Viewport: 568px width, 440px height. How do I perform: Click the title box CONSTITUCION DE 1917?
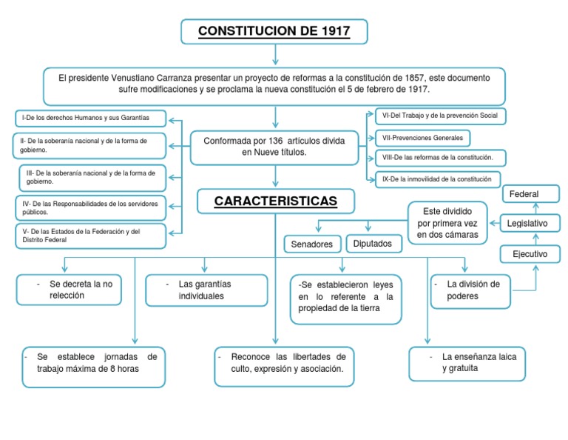click(x=274, y=32)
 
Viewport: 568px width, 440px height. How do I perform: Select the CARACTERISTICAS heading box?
click(x=275, y=201)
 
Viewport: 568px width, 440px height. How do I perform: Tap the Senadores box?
click(x=312, y=244)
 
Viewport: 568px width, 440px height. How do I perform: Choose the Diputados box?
click(x=373, y=243)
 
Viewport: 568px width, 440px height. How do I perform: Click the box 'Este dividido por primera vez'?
click(x=447, y=223)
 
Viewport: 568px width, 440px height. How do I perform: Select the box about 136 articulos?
click(x=274, y=147)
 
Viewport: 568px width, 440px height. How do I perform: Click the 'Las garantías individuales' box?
click(x=206, y=290)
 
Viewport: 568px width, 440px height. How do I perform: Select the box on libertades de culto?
click(x=283, y=366)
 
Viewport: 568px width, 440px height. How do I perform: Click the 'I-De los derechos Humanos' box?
click(x=90, y=118)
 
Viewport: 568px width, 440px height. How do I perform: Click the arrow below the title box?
click(x=274, y=55)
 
